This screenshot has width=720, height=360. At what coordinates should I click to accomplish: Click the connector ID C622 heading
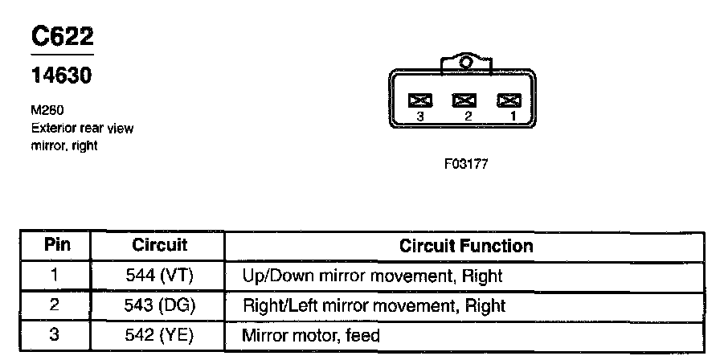point(62,37)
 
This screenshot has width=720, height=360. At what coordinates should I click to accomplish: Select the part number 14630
point(61,76)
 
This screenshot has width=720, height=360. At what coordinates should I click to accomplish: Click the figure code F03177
point(465,163)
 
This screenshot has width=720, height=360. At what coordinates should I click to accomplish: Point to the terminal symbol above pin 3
point(420,100)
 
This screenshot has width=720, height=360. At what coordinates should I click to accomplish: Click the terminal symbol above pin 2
point(464,100)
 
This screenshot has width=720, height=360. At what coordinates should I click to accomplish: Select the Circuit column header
point(159,245)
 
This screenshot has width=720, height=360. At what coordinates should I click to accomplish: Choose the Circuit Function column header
point(466,246)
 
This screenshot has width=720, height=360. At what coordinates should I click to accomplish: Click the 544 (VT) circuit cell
point(159,276)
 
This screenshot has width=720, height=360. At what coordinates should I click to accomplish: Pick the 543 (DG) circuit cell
point(159,305)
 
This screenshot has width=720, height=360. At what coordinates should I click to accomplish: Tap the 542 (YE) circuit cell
point(159,335)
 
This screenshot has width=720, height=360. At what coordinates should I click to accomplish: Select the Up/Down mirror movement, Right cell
point(372,276)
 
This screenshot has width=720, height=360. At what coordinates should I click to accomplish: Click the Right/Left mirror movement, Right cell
point(374,305)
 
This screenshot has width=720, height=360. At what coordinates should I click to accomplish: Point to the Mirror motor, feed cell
point(310,335)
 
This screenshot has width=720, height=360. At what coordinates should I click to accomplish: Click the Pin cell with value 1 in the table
point(54,276)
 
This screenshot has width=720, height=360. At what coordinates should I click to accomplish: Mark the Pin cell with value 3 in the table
point(54,335)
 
